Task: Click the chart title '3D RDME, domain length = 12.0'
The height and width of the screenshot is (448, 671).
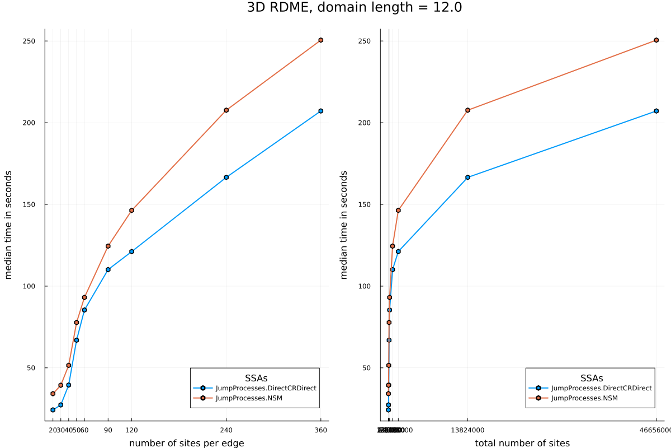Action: click(x=355, y=8)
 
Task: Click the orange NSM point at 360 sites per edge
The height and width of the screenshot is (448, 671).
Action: click(x=320, y=40)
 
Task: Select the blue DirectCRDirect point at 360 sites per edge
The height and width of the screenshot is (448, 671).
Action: click(x=320, y=111)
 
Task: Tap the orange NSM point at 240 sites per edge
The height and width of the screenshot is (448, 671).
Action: click(x=226, y=110)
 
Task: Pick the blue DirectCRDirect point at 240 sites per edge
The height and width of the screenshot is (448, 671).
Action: click(x=226, y=178)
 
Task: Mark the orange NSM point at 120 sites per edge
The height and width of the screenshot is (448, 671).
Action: click(x=131, y=211)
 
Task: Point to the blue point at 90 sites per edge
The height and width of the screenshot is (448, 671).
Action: click(x=108, y=269)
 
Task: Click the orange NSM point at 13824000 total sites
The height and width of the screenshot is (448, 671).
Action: click(x=467, y=110)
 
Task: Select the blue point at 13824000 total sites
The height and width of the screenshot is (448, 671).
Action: click(x=467, y=178)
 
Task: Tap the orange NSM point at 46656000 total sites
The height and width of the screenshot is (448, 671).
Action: click(x=656, y=40)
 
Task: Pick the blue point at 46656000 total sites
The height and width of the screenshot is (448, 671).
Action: click(x=656, y=111)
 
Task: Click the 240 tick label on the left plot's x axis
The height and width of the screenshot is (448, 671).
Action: click(x=226, y=430)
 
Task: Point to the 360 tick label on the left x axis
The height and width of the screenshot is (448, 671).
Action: click(x=320, y=430)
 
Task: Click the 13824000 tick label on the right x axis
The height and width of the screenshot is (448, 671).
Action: click(x=467, y=430)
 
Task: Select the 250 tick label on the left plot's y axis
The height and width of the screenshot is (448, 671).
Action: click(x=29, y=41)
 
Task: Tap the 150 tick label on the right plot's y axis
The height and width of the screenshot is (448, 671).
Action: click(x=365, y=204)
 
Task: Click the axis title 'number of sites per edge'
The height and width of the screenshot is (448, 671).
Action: click(x=186, y=443)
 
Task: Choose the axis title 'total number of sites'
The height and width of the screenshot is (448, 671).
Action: click(x=522, y=443)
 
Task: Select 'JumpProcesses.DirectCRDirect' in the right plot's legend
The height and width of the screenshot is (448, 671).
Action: click(x=601, y=388)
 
